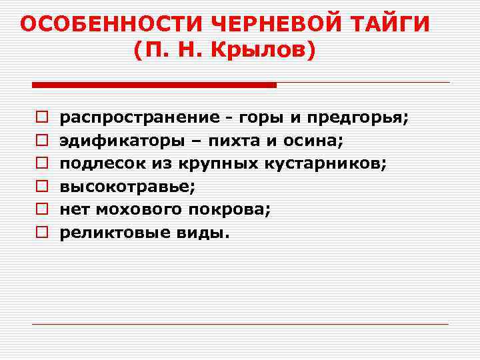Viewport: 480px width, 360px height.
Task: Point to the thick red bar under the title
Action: click(154, 85)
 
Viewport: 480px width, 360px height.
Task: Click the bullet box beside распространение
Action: click(41, 118)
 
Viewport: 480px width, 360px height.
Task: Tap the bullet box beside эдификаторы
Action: click(41, 141)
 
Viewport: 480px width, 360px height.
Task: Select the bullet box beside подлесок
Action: click(41, 164)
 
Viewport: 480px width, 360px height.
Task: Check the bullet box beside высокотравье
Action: click(41, 187)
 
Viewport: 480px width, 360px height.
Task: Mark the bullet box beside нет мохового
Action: click(41, 210)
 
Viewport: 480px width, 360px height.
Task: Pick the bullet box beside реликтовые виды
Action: click(41, 233)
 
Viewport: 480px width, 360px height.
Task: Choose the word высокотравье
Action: click(127, 187)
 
